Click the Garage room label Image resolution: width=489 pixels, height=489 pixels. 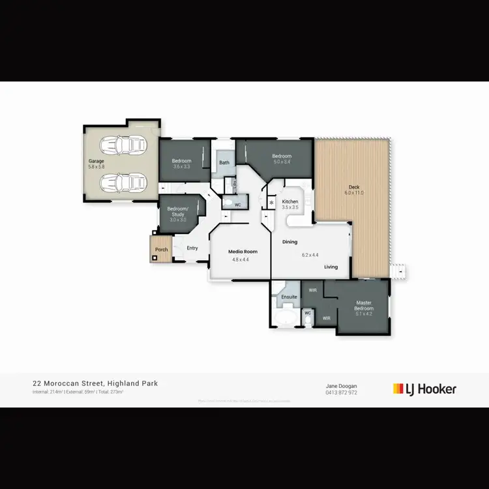(x=96, y=160)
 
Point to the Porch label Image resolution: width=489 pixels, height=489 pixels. (x=161, y=250)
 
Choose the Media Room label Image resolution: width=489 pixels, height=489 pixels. (x=243, y=251)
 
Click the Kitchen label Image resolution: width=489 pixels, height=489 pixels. (x=290, y=202)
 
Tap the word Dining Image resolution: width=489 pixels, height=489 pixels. (x=289, y=243)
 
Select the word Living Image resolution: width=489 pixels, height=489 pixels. (x=331, y=267)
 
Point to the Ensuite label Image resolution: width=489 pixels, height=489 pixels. (x=289, y=297)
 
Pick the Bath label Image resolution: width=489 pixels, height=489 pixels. (x=224, y=162)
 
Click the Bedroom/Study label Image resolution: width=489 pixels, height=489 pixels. (x=179, y=211)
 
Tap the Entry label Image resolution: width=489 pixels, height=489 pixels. (x=192, y=248)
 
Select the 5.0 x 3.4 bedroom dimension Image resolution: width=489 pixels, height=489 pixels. (x=282, y=162)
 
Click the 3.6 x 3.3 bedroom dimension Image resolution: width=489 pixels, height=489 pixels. (x=181, y=167)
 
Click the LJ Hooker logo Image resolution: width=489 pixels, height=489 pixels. (x=424, y=389)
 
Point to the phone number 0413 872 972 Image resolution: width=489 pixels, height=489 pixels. (x=341, y=393)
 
